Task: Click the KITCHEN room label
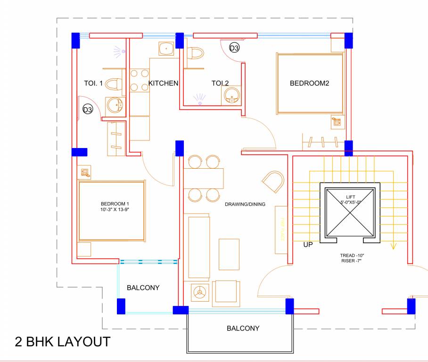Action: pyautogui.click(x=163, y=83)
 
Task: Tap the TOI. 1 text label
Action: pyautogui.click(x=93, y=83)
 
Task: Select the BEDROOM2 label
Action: pyautogui.click(x=309, y=83)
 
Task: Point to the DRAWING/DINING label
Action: pyautogui.click(x=245, y=205)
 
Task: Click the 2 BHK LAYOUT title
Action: pyautogui.click(x=63, y=342)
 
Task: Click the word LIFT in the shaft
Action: pyautogui.click(x=350, y=197)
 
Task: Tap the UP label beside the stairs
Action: pyautogui.click(x=309, y=245)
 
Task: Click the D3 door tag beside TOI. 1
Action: pyautogui.click(x=88, y=110)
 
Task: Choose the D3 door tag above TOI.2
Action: pyautogui.click(x=234, y=48)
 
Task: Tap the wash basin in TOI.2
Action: pyautogui.click(x=231, y=96)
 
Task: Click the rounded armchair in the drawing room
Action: pyautogui.click(x=273, y=182)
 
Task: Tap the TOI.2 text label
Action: pyautogui.click(x=220, y=83)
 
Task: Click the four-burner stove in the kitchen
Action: pyautogui.click(x=139, y=80)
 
